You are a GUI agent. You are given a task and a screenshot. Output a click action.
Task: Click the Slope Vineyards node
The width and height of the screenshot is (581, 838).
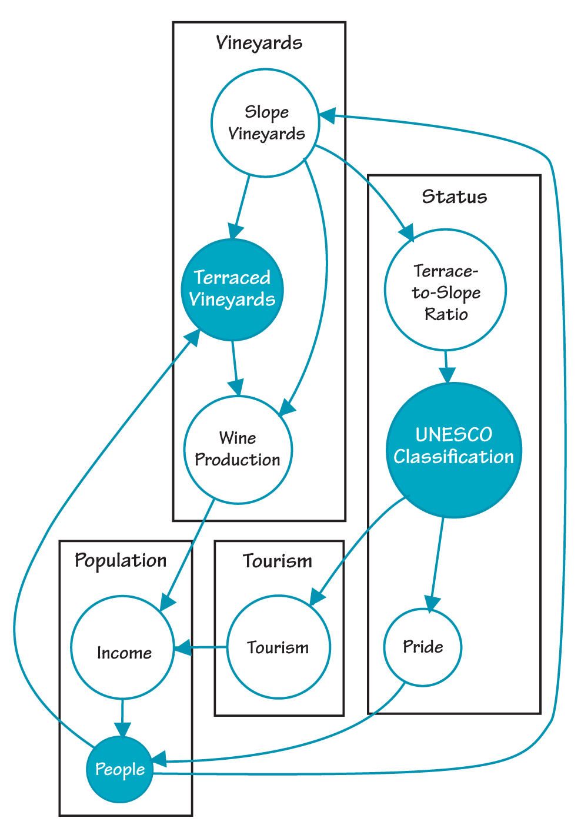pos(266,123)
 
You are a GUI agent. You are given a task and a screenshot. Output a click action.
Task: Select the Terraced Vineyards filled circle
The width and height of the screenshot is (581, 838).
pos(232,290)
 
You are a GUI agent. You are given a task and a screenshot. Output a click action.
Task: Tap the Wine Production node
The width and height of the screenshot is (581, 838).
pos(238,449)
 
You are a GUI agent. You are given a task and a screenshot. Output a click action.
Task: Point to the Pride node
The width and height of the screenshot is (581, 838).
pos(423,647)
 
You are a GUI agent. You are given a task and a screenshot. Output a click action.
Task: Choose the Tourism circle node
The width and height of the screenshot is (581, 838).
pos(278,647)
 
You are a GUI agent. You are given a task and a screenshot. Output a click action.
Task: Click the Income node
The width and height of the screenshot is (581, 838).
pos(122,647)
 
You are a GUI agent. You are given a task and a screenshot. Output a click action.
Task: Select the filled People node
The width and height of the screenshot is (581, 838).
pos(120,769)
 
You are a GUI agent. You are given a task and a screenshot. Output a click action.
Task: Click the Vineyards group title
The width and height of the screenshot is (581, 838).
pos(259,42)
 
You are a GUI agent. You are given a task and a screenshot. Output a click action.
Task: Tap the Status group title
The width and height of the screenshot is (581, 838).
pos(455,196)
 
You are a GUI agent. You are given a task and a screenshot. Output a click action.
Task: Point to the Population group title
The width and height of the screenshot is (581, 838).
pos(121,560)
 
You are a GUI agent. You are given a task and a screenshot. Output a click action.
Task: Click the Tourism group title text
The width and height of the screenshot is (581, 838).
pos(278,561)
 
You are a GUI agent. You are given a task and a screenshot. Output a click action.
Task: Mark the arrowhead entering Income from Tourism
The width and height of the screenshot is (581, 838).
pos(182,647)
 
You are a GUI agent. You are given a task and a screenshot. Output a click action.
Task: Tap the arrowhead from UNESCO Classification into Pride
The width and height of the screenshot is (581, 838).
pos(432,604)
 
